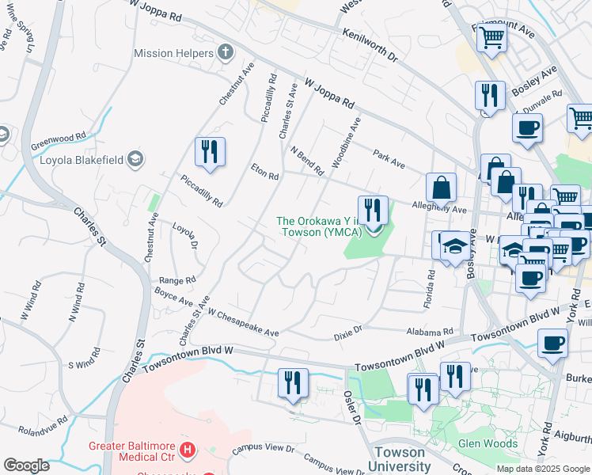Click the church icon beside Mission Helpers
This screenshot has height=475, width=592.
click(x=226, y=53)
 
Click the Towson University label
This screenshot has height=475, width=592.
click(x=400, y=459)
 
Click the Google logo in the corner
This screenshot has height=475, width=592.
click(x=26, y=465)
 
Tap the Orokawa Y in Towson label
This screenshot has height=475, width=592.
click(x=320, y=226)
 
